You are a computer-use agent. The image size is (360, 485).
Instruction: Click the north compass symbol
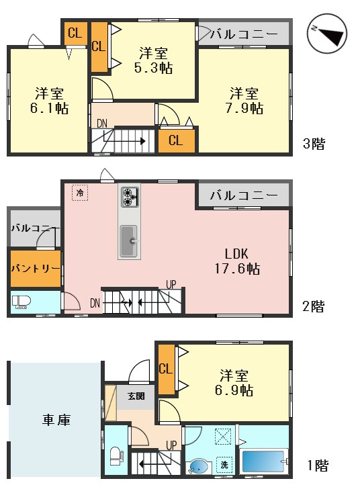coord(328,34)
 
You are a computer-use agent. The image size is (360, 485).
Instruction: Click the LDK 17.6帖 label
coord(237,261)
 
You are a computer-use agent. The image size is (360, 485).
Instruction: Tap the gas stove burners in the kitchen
coord(130,197)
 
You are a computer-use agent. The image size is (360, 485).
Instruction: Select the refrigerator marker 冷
coord(80,193)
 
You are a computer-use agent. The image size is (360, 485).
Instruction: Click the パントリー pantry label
coord(36,268)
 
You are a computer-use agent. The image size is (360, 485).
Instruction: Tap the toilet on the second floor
coord(21,302)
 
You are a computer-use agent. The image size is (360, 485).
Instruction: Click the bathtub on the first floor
coord(264,461)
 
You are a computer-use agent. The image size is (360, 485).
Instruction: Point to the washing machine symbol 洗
coord(224,465)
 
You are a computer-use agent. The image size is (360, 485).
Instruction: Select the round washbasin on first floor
coord(198,466)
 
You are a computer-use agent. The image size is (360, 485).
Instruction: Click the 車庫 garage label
coord(56,420)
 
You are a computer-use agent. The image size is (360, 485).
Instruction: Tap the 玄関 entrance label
coord(136,396)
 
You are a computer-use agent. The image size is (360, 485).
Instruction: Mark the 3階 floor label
coord(314,144)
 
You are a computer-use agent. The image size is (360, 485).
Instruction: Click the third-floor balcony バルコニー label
coord(244,34)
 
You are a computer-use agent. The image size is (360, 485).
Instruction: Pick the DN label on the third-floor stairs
coord(102,124)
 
